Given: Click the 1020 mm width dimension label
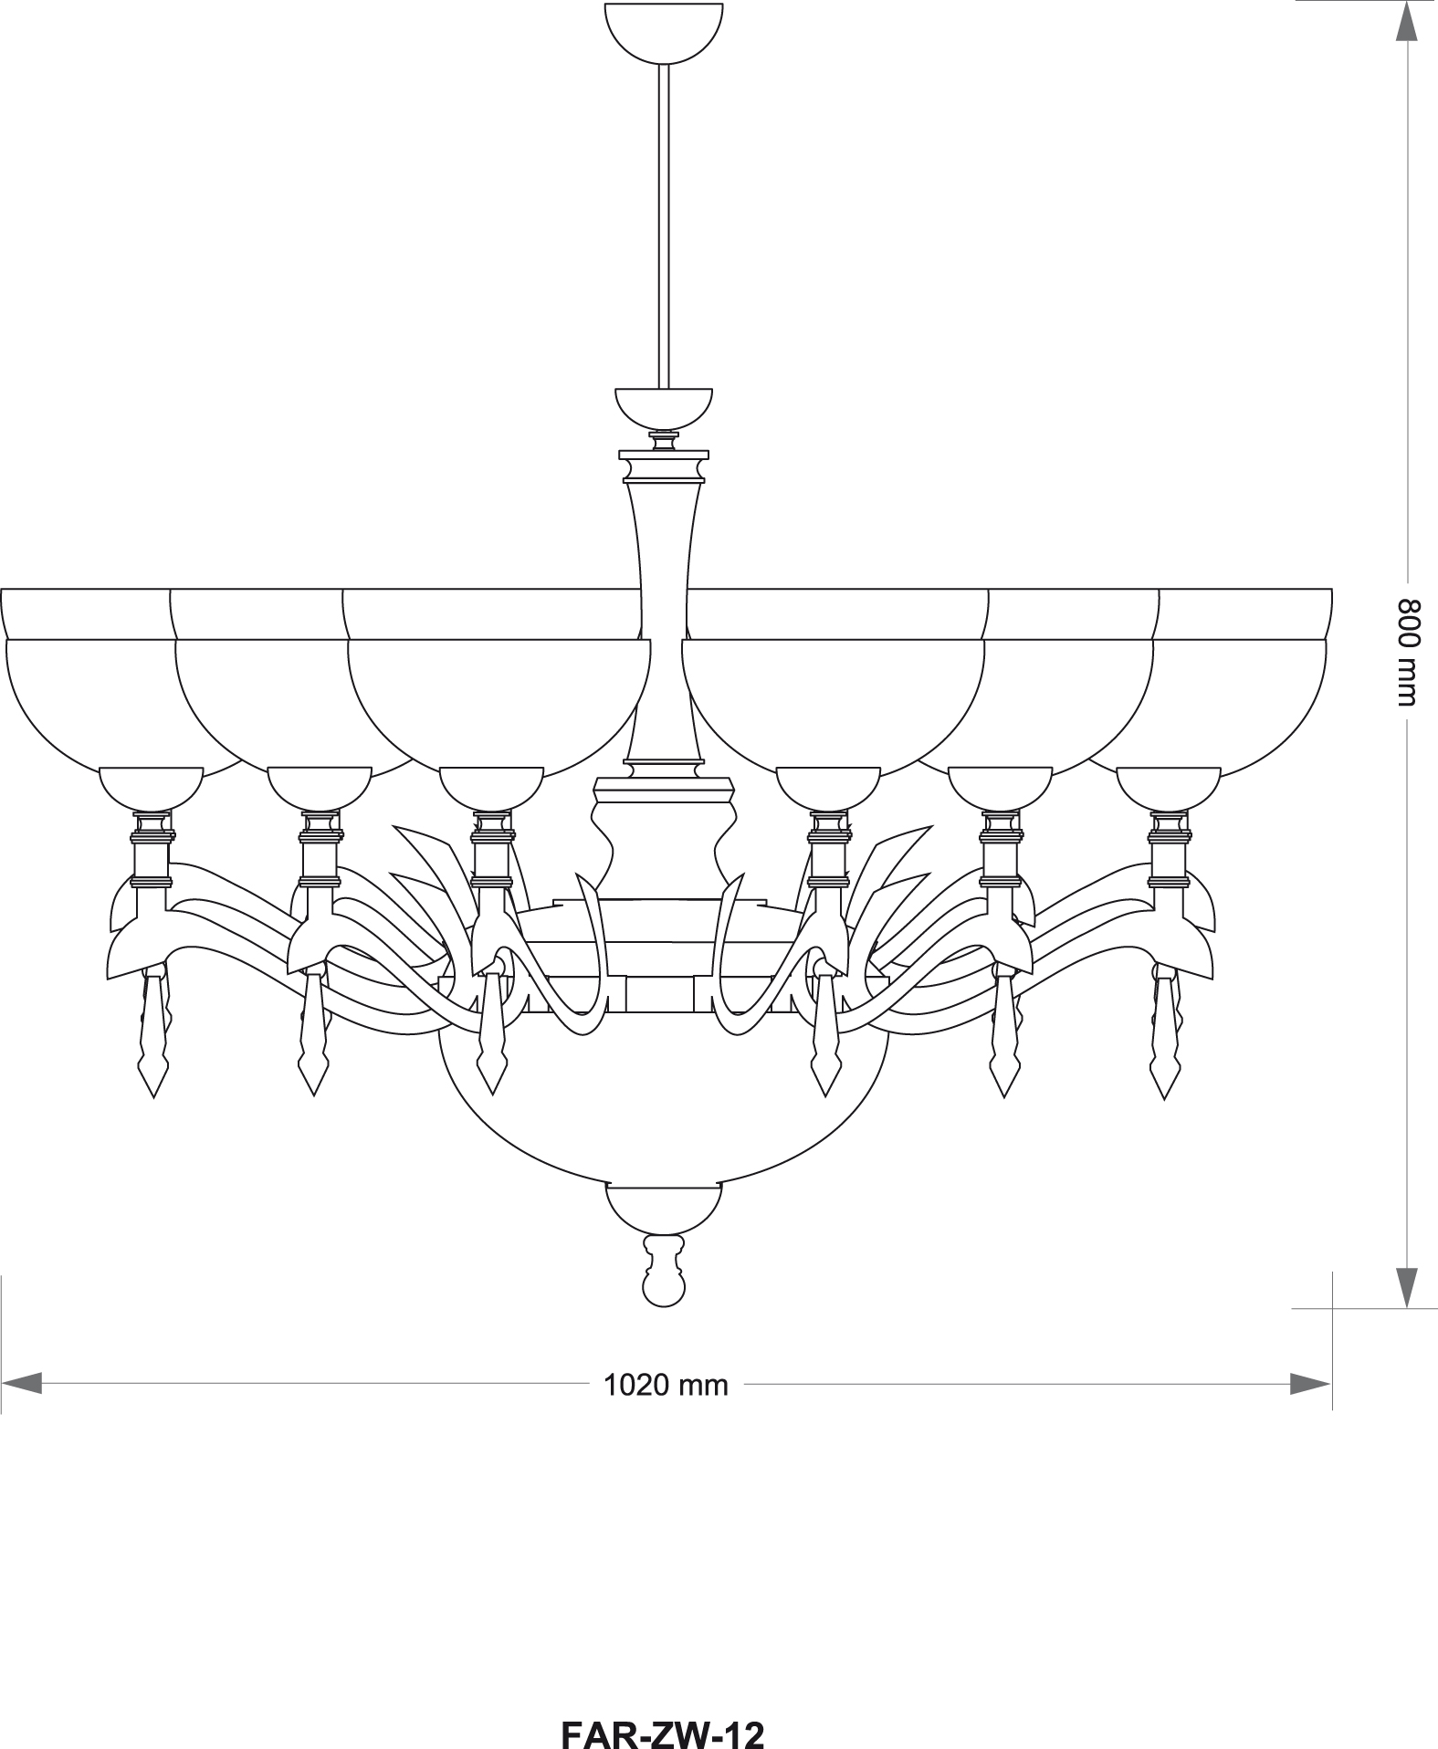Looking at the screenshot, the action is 666,1385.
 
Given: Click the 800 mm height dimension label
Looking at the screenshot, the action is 1410,652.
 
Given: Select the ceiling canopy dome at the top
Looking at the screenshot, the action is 664,34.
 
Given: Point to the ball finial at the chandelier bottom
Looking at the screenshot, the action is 663,1272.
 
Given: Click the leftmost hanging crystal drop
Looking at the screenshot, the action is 153,1032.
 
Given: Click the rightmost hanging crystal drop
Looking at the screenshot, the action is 1165,1032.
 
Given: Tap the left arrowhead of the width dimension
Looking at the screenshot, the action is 22,1384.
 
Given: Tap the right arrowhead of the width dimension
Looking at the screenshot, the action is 1310,1384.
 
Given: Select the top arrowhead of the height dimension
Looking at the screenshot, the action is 1409,21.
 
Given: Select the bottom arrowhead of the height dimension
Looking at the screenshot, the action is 1409,1287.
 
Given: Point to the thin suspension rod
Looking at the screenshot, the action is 664,226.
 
